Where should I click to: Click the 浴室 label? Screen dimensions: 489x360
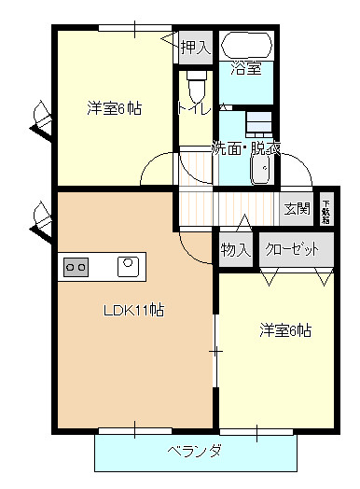(246, 67)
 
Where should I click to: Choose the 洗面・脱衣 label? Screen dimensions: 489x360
(246, 148)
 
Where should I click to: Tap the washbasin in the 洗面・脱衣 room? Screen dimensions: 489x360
(261, 169)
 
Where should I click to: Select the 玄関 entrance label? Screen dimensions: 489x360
(297, 208)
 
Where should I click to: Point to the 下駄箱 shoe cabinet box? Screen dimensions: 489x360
(325, 209)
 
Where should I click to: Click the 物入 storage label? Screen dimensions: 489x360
(236, 249)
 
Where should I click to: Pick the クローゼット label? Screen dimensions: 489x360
(292, 249)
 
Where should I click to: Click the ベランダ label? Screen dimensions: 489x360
(194, 452)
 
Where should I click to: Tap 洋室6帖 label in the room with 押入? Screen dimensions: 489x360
(115, 108)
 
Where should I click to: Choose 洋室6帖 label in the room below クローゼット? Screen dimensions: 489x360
(284, 330)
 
